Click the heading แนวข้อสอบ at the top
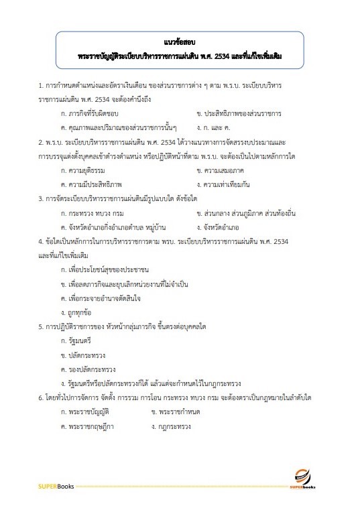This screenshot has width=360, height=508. (180, 42)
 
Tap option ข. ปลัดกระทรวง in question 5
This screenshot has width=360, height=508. (82, 355)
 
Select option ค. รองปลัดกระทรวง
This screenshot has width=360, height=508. (88, 369)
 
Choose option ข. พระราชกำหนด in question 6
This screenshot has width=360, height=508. (176, 411)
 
